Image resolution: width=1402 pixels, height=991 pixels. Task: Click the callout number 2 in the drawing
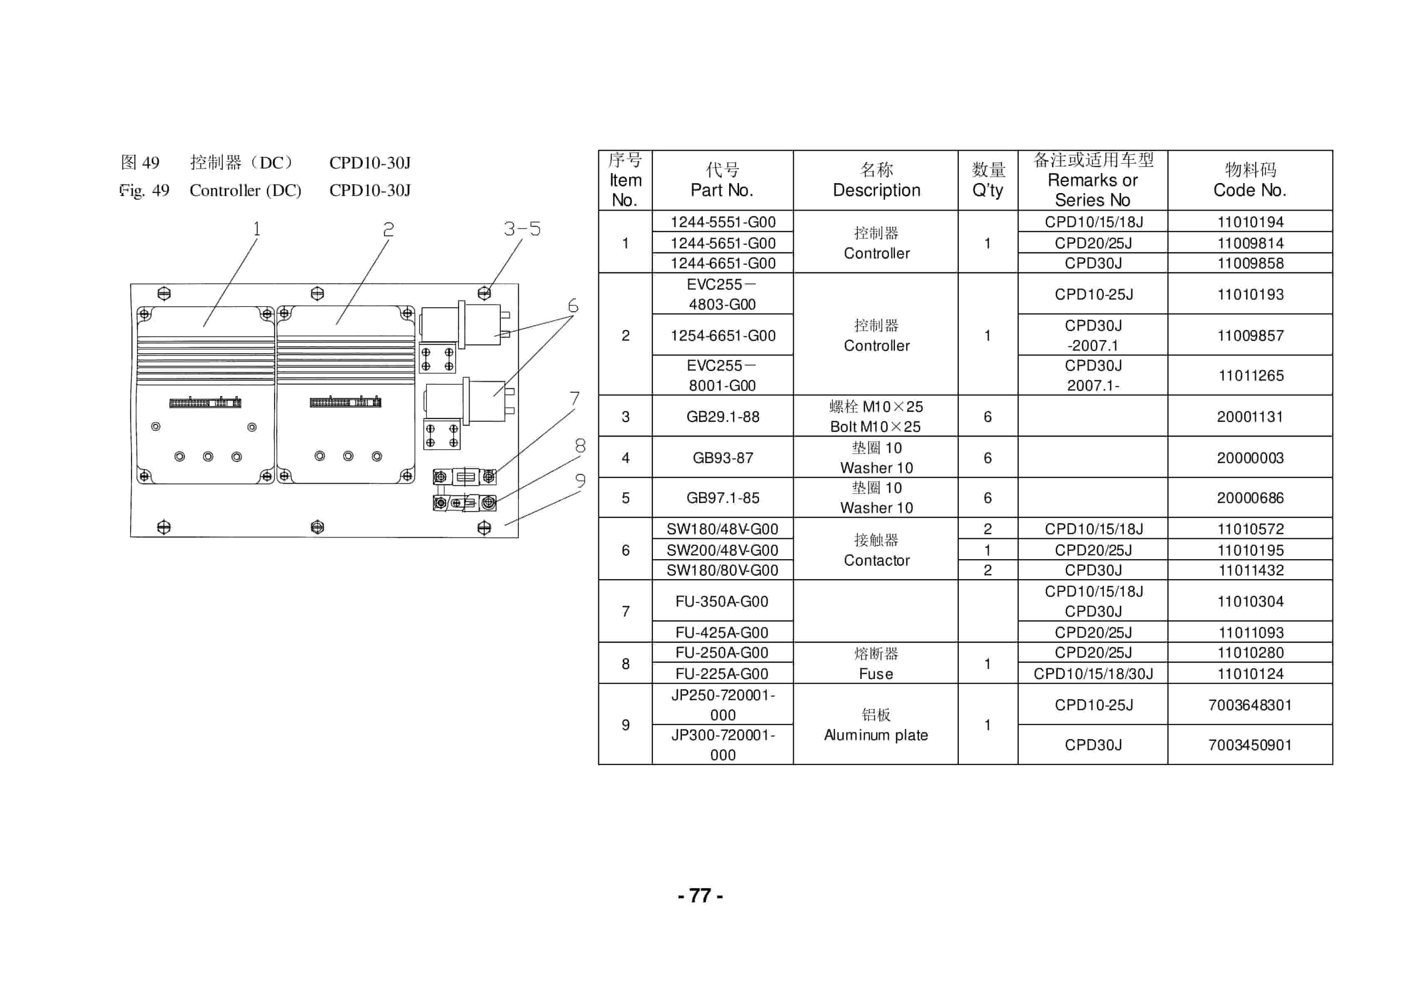tap(388, 230)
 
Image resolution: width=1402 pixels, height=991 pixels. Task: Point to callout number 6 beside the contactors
tap(573, 305)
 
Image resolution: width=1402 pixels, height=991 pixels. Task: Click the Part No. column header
tap(722, 180)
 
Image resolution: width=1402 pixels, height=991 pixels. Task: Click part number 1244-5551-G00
tap(723, 222)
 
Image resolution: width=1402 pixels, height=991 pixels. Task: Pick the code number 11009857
tap(1250, 335)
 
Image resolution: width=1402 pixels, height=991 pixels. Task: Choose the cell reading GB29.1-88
tap(723, 416)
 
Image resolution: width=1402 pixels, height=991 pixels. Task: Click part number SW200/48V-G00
tap(722, 550)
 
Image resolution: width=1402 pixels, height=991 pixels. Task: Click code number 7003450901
tap(1250, 745)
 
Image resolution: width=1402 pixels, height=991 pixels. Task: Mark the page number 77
tap(700, 896)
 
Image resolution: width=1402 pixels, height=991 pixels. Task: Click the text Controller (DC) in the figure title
tap(246, 191)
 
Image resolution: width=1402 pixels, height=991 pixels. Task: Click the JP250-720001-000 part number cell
tap(723, 705)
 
